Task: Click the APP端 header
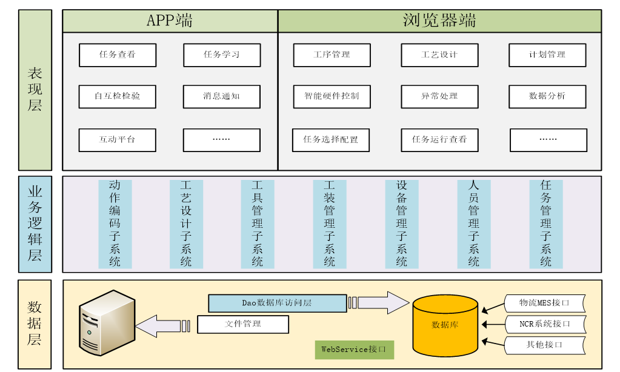point(170,21)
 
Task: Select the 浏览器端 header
point(439,21)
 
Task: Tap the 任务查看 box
point(118,55)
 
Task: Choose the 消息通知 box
point(222,96)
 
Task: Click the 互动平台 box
point(118,139)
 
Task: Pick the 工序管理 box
point(332,55)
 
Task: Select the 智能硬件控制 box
point(332,96)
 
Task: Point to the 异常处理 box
point(439,96)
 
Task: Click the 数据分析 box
point(547,96)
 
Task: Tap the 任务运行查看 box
point(439,139)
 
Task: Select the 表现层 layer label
point(35,90)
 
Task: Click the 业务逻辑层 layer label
point(35,224)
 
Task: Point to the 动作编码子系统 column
point(115,224)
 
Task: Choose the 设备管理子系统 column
point(402,224)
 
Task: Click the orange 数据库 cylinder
point(445,325)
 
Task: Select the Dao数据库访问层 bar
point(276,302)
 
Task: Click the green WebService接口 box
point(354,350)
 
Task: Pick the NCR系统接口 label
point(545,324)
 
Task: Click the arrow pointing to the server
point(159,325)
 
